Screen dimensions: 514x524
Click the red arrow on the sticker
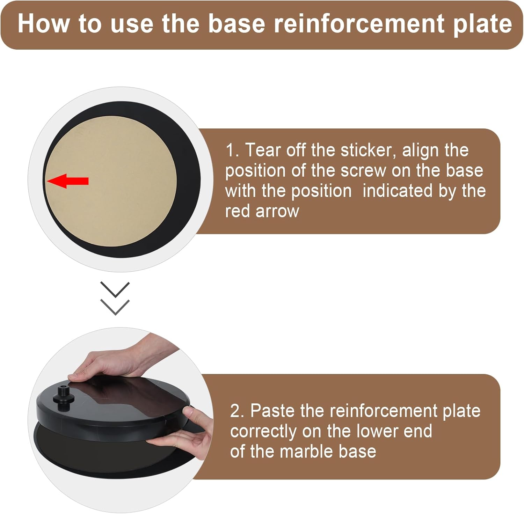(x=68, y=181)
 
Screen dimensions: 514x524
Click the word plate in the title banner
(x=482, y=24)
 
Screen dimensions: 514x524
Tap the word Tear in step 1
(x=263, y=150)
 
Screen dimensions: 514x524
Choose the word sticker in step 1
(x=368, y=150)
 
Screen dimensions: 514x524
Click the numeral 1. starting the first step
(x=232, y=150)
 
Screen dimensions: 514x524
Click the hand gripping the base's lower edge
(x=189, y=436)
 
